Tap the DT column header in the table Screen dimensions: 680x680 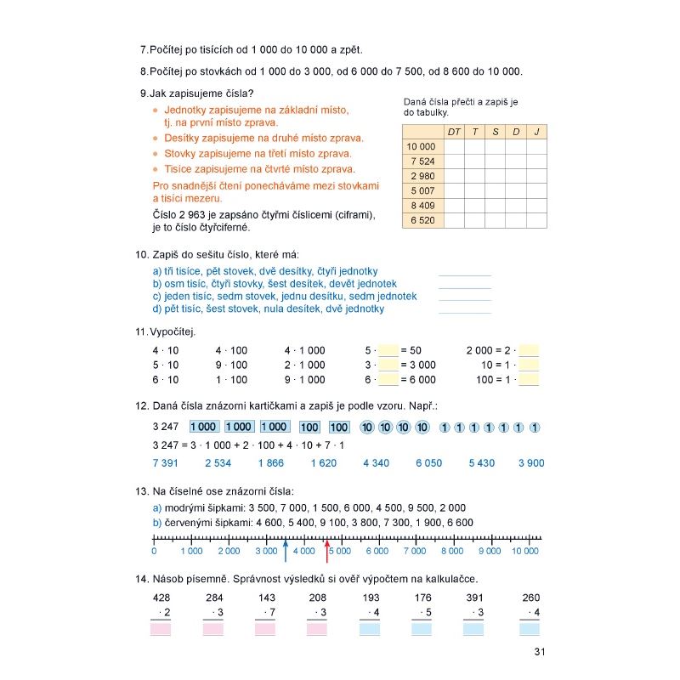[453, 132]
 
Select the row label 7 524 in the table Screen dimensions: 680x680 [422, 161]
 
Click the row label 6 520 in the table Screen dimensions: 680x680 [422, 220]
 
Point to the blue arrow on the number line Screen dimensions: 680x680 [286, 549]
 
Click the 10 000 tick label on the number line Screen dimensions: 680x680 [525, 551]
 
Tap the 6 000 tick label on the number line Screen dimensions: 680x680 [377, 551]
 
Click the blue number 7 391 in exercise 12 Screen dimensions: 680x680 [166, 463]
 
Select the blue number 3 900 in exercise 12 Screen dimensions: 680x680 [530, 463]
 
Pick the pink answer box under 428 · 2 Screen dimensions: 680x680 [161, 630]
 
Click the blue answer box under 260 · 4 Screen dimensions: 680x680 [530, 630]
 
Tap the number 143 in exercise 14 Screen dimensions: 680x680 [266, 598]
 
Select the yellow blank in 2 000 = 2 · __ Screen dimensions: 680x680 [529, 350]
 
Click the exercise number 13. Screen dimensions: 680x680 [141, 491]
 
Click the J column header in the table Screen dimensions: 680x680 [536, 132]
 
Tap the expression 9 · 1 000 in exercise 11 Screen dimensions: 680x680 [304, 380]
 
